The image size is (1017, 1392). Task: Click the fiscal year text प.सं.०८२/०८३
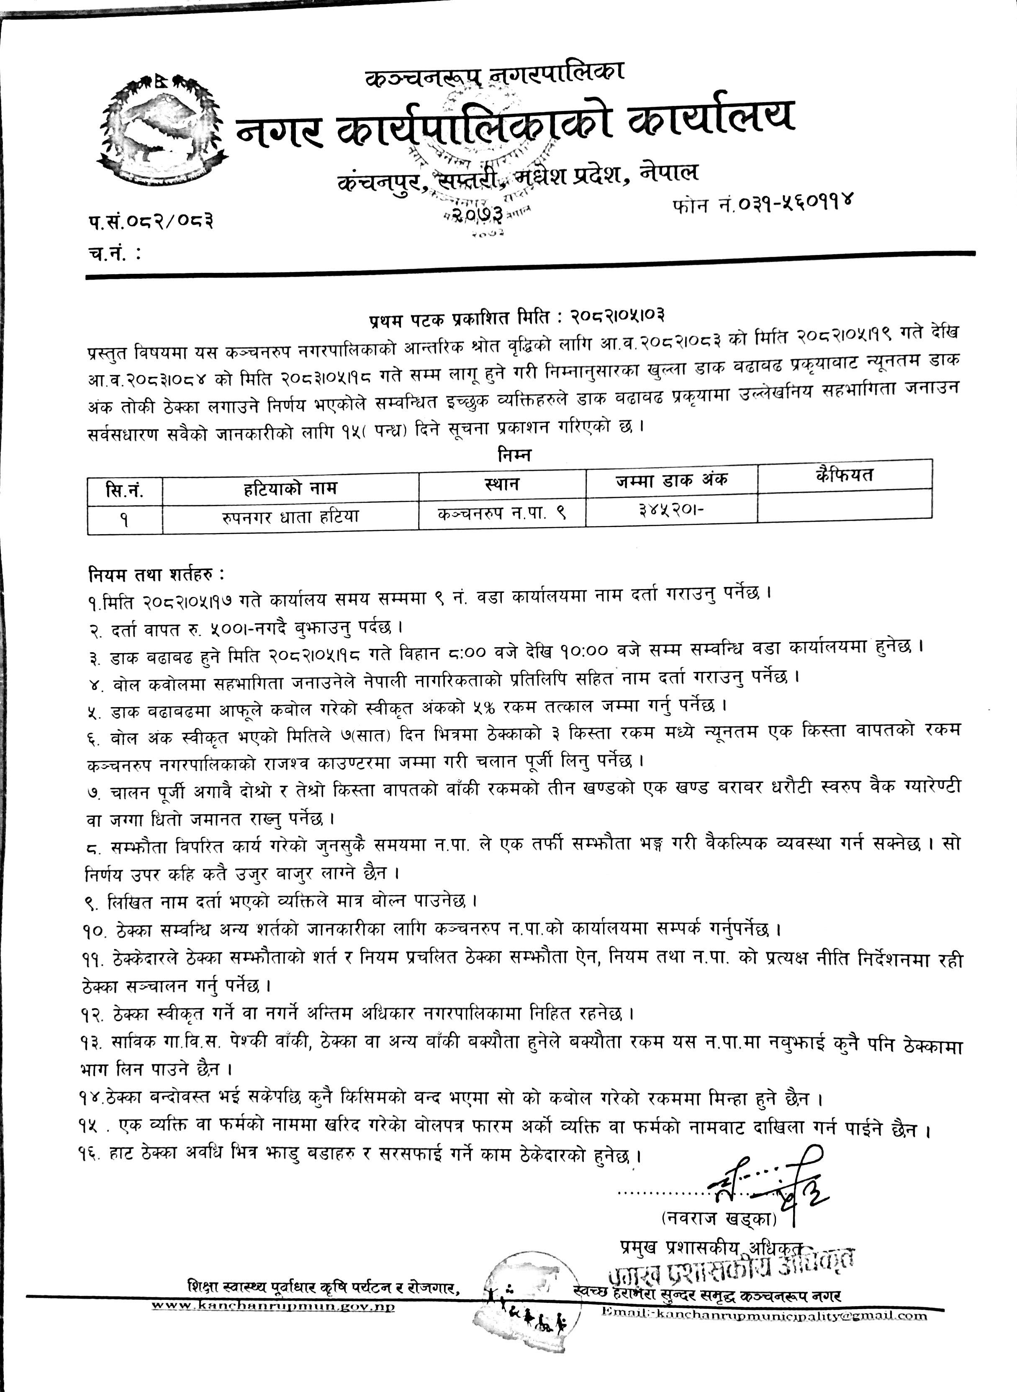151,220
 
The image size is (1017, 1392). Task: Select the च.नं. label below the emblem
113,254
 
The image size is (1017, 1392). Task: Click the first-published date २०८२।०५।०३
617,318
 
